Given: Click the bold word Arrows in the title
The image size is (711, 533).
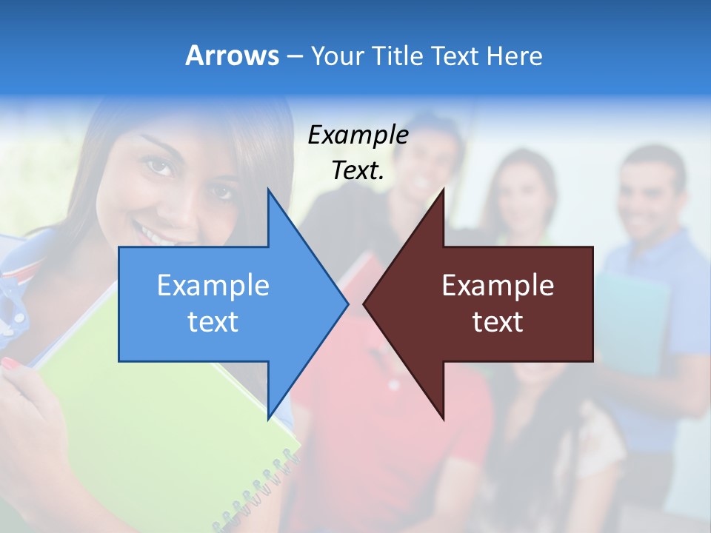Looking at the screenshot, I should (x=232, y=56).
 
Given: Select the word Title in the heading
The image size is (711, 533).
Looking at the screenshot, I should (x=397, y=56).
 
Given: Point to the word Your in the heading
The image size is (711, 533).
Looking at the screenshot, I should (x=337, y=56).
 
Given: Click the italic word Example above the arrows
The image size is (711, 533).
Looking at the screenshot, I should (x=358, y=135).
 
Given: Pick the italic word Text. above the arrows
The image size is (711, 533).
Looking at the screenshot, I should (x=358, y=170).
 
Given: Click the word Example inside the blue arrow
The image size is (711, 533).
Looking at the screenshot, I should (x=213, y=285).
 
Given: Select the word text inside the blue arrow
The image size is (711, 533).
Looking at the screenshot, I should (x=213, y=322).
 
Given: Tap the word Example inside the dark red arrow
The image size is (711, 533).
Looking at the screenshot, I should (x=498, y=285).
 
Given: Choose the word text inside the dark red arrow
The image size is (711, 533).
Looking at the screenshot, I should (x=498, y=322).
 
